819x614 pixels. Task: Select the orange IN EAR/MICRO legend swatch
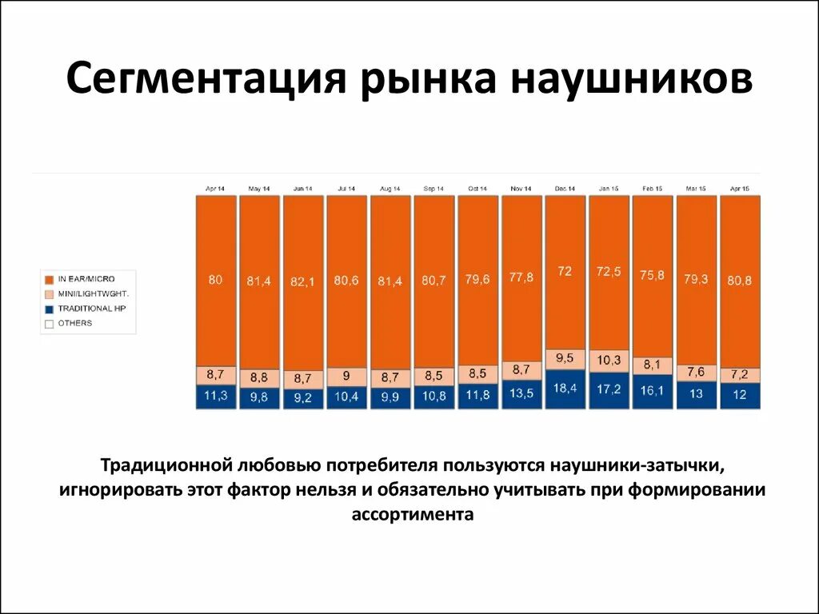(49, 279)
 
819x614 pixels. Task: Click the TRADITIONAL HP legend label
(91, 309)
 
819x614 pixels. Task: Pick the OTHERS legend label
(74, 323)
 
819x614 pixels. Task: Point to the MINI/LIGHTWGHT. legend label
(94, 293)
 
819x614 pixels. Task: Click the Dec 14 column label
(565, 189)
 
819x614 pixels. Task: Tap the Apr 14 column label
(215, 189)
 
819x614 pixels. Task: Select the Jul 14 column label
(346, 189)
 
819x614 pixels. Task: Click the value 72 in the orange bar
(565, 271)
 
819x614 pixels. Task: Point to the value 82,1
(303, 281)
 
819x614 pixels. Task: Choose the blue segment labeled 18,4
(565, 389)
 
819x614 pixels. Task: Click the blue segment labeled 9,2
(303, 398)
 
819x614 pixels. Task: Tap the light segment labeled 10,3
(609, 361)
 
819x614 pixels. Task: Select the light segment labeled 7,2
(740, 374)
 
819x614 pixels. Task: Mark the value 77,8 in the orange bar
(521, 277)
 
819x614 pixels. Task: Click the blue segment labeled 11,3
(216, 397)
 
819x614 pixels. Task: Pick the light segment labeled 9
(346, 377)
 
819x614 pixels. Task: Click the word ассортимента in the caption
(412, 515)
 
